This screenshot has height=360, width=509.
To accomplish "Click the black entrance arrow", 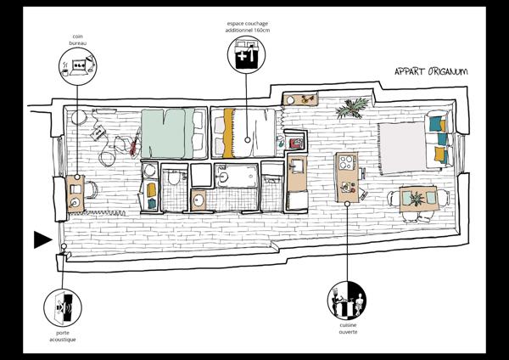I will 42,240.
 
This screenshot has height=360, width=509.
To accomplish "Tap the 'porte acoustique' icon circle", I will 61,305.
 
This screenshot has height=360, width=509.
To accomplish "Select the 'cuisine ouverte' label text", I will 348,329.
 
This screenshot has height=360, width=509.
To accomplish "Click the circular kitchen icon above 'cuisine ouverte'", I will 348,300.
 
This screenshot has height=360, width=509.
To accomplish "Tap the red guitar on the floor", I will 135,144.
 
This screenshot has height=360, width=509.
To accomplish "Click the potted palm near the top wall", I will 351,109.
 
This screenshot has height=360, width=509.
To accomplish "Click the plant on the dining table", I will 417,199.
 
